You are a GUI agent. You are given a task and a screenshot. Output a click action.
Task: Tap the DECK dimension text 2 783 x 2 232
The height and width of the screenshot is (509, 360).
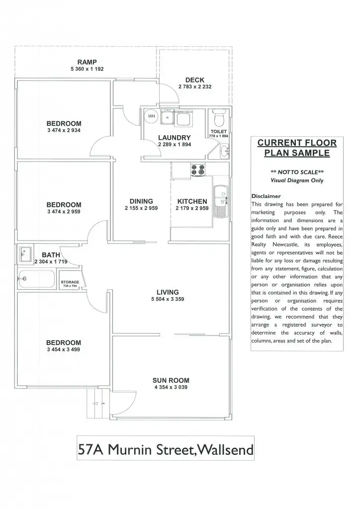(195, 86)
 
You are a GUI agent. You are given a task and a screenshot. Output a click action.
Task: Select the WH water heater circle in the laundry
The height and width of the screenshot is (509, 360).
(150, 117)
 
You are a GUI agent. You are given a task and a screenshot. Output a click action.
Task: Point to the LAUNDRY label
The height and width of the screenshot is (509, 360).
(174, 137)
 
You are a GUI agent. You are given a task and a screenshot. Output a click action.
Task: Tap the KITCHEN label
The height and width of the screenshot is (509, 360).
(192, 201)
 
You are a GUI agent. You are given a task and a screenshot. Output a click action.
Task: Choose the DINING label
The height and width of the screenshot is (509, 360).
(141, 201)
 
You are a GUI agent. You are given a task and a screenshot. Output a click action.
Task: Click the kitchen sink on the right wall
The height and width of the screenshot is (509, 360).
(220, 194)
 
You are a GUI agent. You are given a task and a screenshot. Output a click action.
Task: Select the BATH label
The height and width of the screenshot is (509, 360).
(51, 255)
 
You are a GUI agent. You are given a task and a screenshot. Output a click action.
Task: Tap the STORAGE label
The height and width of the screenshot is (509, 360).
(70, 281)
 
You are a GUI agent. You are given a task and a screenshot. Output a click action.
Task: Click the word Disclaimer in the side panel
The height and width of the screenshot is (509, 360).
(266, 196)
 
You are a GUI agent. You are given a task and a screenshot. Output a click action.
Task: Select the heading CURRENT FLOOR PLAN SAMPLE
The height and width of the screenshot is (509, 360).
(297, 148)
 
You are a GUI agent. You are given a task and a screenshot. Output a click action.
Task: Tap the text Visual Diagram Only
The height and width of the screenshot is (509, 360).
(297, 180)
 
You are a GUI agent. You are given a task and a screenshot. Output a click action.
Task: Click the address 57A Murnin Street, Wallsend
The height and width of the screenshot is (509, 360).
(166, 450)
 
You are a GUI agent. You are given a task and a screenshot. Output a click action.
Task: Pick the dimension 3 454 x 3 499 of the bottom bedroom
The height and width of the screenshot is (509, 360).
(64, 349)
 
